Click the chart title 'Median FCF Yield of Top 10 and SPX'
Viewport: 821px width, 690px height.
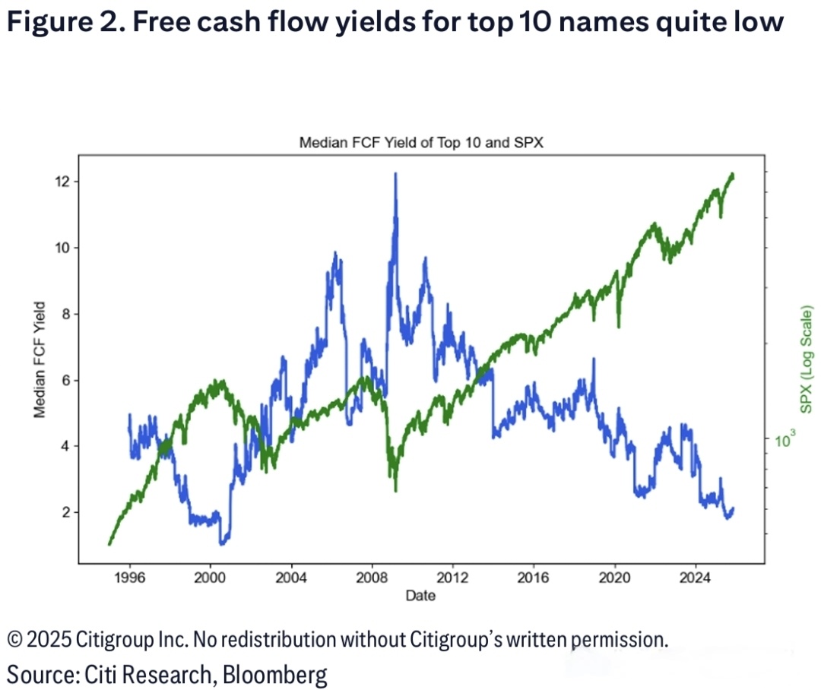(420, 143)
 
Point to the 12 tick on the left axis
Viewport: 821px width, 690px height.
(62, 182)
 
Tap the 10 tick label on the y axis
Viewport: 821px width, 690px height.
(62, 248)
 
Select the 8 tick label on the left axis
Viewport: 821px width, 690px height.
(65, 314)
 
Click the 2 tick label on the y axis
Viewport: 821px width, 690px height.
(65, 512)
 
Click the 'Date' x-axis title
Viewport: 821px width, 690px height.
(420, 596)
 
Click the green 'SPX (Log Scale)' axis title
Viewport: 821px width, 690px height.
(807, 359)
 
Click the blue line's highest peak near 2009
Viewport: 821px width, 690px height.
(395, 174)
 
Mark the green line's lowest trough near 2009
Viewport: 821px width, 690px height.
(395, 490)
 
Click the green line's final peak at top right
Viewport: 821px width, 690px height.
(731, 174)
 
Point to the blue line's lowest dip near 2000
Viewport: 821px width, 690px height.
(222, 543)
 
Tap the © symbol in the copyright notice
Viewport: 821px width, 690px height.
(14, 641)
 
